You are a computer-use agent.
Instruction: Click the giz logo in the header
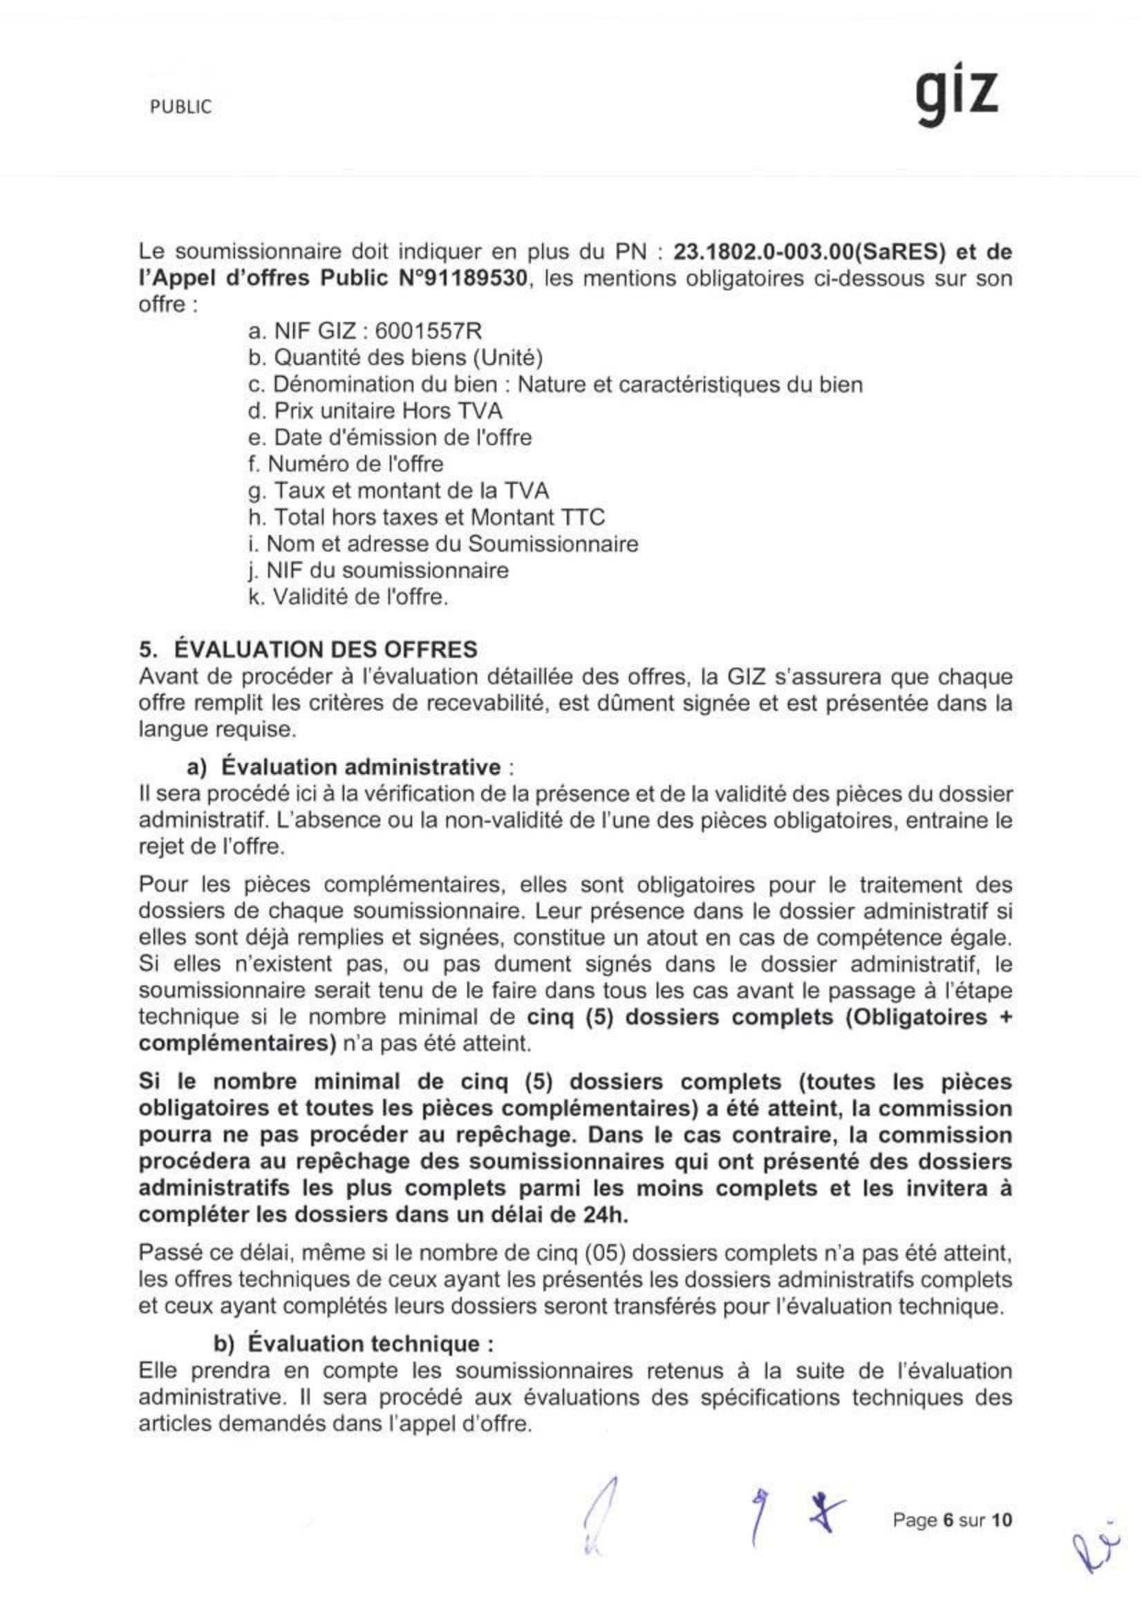coord(957,97)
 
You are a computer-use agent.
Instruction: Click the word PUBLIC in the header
coord(181,107)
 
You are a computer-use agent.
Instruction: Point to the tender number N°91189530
coord(460,278)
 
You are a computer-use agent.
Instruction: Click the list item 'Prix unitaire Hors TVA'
coord(375,411)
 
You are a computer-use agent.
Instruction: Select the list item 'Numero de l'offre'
coord(345,464)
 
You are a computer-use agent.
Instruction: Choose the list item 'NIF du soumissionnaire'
coord(378,570)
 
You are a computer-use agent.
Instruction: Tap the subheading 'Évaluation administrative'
coord(364,767)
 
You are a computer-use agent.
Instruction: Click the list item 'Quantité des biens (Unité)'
coord(395,357)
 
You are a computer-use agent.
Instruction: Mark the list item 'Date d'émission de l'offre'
coord(390,437)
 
